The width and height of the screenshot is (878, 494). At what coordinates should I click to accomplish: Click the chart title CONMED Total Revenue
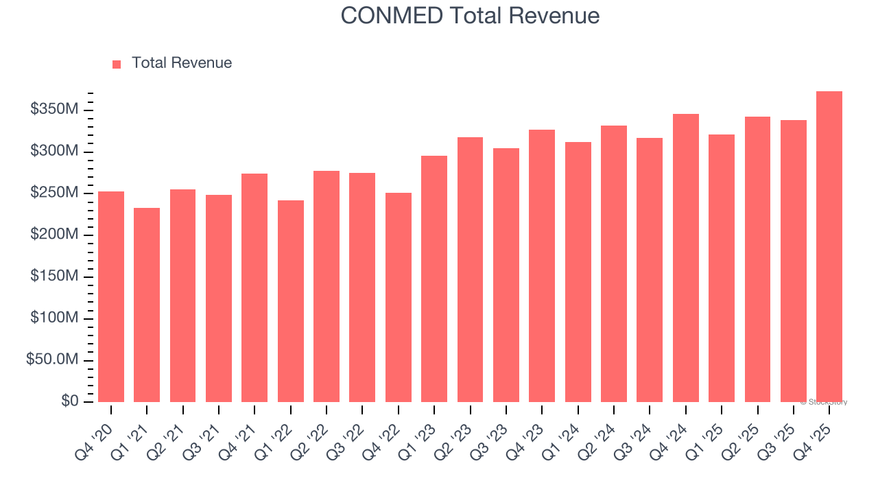pyautogui.click(x=470, y=15)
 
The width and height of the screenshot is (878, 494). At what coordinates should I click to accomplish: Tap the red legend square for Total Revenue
pyautogui.click(x=117, y=64)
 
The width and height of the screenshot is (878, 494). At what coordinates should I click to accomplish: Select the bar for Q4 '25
pyautogui.click(x=829, y=247)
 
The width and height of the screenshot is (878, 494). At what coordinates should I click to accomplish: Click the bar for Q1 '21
pyautogui.click(x=147, y=305)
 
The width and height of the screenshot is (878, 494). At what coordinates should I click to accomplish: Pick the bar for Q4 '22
pyautogui.click(x=399, y=298)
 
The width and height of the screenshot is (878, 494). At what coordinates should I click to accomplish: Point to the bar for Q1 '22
pyautogui.click(x=291, y=301)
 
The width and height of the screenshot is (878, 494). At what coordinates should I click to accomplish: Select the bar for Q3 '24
pyautogui.click(x=650, y=270)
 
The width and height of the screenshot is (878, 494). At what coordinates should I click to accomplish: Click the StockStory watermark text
pyautogui.click(x=824, y=402)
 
